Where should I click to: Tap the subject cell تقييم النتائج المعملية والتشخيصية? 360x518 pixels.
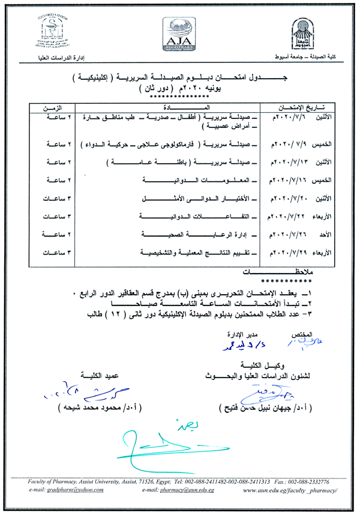tap(199, 251)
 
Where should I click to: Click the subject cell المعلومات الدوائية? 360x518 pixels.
tap(200, 180)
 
